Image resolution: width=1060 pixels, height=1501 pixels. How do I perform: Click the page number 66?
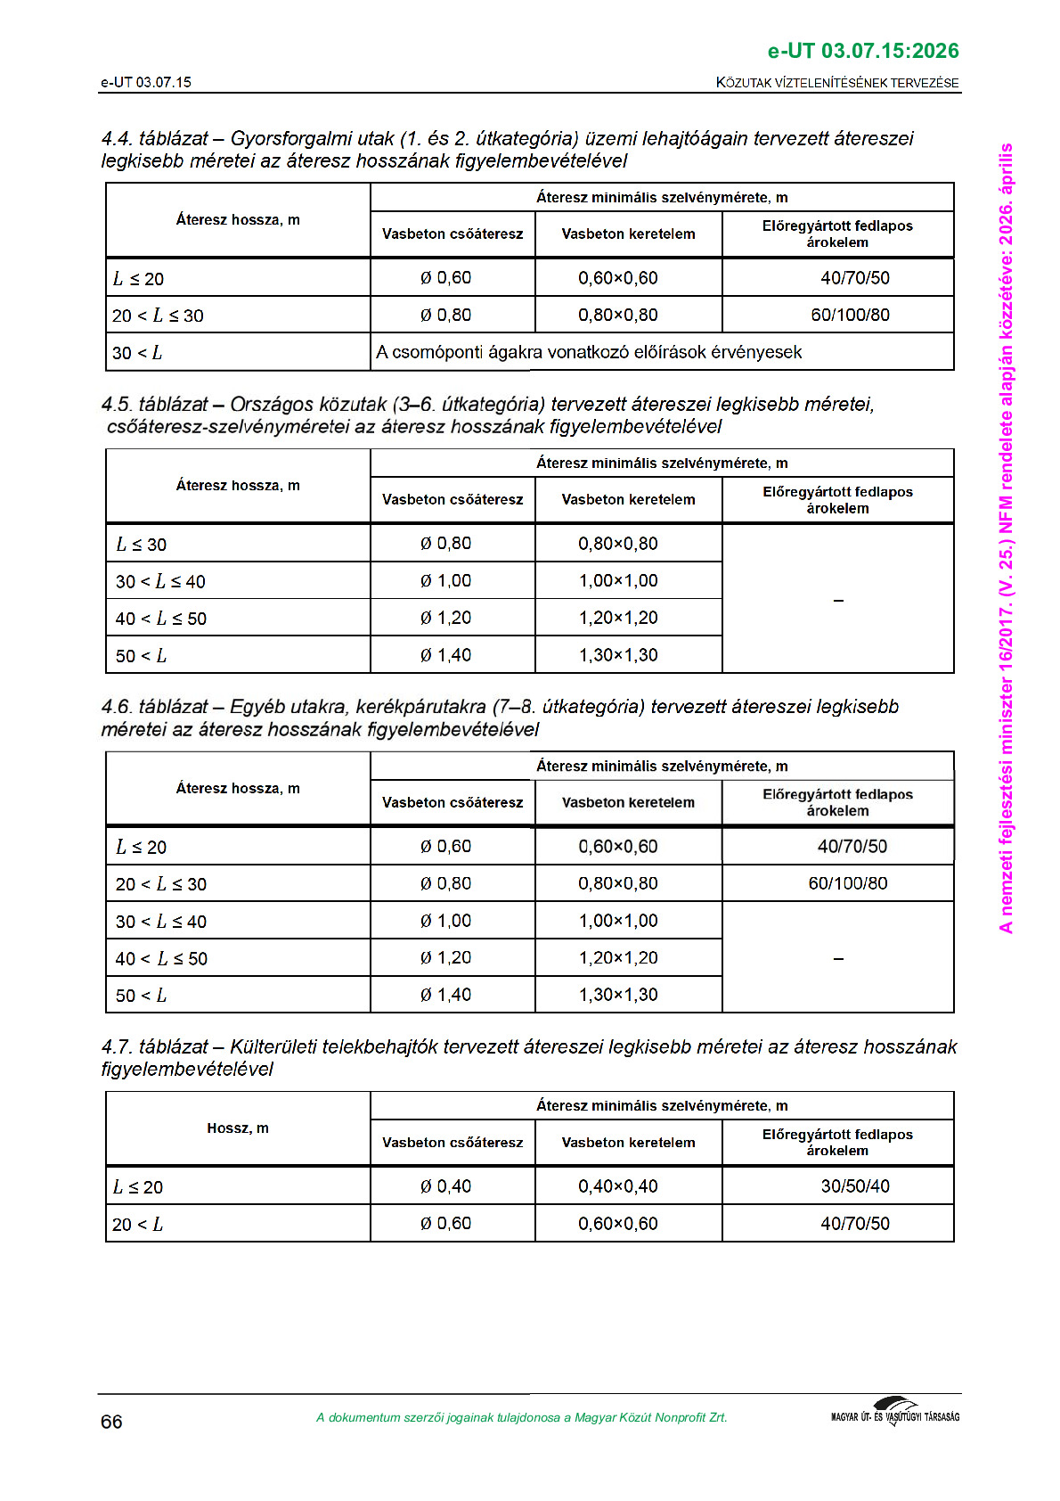111,1422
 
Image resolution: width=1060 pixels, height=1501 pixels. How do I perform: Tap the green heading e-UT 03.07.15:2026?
862,51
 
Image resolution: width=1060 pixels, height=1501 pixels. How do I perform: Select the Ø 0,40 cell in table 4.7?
445,1186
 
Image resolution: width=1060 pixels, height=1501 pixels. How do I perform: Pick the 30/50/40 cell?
854,1186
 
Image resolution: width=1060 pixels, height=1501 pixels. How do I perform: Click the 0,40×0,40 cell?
617,1186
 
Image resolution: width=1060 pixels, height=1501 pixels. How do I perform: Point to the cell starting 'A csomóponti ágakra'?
589,352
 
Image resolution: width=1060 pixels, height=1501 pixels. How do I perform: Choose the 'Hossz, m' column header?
238,1128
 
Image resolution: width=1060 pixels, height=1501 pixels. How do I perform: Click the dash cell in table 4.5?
837,600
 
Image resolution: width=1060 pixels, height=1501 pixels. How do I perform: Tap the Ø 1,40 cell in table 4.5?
445,655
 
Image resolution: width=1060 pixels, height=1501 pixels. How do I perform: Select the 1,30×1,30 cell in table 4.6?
617,995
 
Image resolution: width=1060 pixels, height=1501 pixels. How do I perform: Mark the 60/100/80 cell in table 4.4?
850,315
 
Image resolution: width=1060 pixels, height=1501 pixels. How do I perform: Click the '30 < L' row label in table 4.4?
137,353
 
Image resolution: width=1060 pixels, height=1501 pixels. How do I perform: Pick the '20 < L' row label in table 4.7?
137,1225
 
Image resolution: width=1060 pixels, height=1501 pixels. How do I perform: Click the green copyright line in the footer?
521,1417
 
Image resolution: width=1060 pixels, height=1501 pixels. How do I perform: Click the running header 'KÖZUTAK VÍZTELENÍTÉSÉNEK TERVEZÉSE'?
837,83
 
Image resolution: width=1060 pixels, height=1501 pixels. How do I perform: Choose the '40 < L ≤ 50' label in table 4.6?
161,959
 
